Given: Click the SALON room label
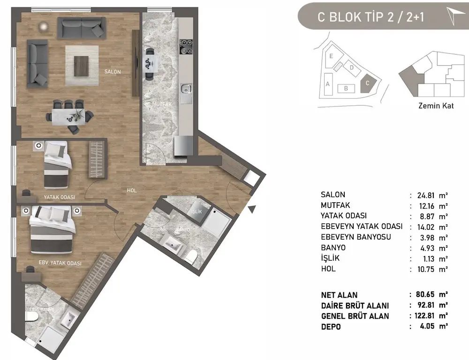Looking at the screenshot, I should point(113,72).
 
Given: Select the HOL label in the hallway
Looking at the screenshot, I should point(132,191).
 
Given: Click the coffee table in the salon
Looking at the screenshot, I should point(81,65).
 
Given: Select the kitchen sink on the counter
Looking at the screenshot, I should point(186,88).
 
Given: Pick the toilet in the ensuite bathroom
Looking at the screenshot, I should point(31,320).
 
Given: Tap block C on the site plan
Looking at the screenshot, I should point(368,84).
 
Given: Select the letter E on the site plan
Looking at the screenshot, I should point(331,56).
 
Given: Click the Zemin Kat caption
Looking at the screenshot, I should point(436,106).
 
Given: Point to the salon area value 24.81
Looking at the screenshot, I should point(425,194).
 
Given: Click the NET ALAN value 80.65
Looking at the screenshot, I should point(425,295).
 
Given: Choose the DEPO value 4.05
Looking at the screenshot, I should point(425,326).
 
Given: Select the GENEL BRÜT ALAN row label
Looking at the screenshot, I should point(355,316).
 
